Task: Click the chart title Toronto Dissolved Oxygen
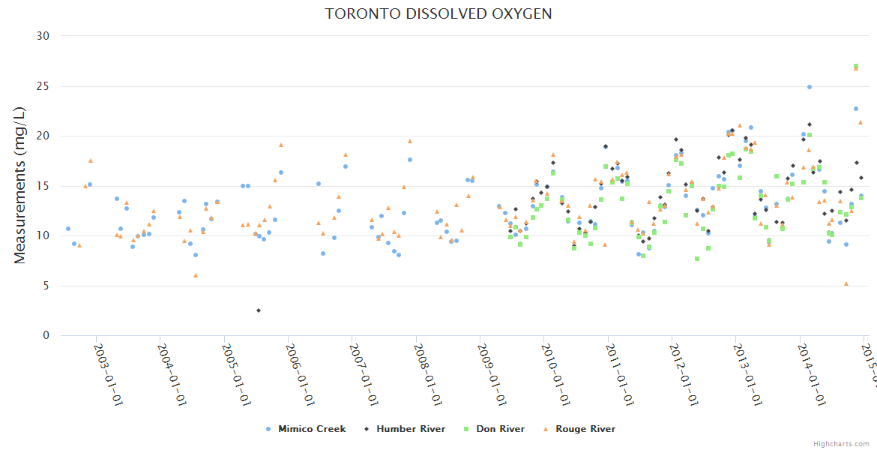click(x=438, y=14)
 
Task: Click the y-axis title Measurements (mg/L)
click(x=20, y=184)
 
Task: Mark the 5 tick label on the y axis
click(x=46, y=286)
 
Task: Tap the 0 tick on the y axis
click(x=46, y=336)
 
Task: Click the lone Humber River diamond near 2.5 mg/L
click(x=259, y=310)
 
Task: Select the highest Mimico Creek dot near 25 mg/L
click(x=810, y=87)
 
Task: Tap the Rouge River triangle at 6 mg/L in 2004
click(x=196, y=275)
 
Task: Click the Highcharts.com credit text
click(x=842, y=444)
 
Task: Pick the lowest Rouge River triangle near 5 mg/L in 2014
click(x=846, y=283)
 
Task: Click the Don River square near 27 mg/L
click(x=856, y=66)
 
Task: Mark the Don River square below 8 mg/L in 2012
click(x=697, y=259)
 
